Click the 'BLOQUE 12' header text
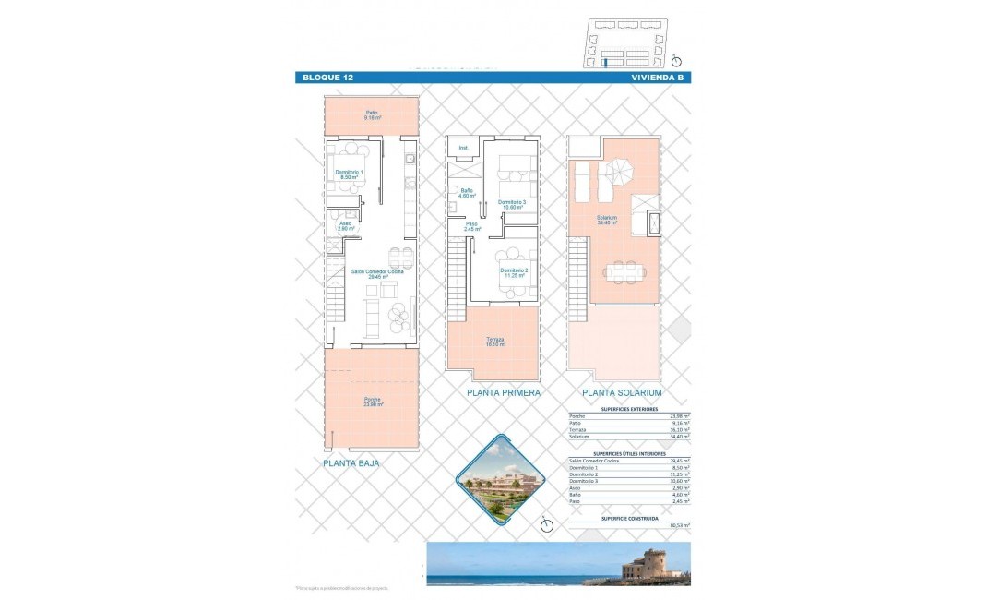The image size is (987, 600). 328,78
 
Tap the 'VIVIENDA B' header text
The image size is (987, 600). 657,78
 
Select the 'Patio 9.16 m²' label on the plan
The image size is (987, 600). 373,116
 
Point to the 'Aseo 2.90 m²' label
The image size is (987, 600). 345,225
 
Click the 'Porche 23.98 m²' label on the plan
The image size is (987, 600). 373,402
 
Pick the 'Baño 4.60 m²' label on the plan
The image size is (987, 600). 467,194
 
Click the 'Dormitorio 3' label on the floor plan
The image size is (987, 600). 512,204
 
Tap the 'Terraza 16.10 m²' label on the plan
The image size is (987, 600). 494,342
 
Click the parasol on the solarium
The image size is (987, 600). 621,171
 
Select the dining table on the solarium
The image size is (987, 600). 625,271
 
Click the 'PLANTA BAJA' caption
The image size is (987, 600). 351,465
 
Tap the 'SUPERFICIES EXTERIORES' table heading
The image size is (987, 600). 628,406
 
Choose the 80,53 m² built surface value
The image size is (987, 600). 681,525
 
